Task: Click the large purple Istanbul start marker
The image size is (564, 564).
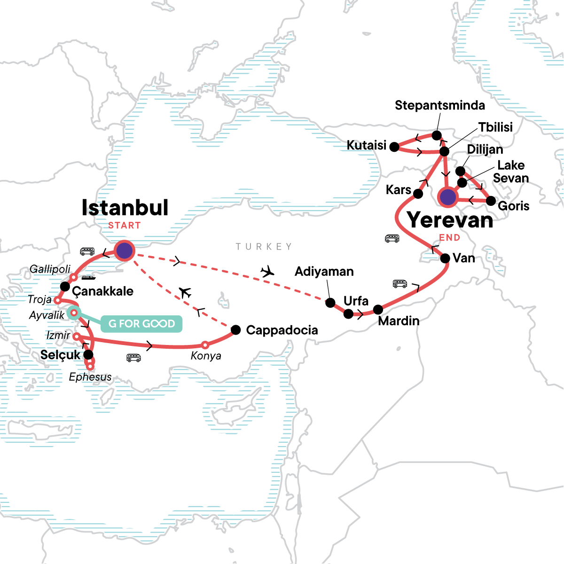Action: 125,251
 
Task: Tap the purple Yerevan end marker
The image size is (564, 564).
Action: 448,197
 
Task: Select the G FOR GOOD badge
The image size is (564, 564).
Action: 141,324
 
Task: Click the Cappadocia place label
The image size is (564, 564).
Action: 282,330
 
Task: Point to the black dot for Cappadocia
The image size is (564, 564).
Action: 236,330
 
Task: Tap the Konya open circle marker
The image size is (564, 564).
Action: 205,345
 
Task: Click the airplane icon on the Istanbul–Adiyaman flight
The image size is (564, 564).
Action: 267,271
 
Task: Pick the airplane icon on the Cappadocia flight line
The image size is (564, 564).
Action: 185,293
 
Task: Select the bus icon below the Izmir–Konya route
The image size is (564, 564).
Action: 133,358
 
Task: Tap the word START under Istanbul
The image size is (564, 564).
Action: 124,226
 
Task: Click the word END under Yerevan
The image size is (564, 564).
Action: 449,238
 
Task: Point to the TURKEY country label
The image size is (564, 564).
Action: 264,247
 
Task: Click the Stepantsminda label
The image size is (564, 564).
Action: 439,105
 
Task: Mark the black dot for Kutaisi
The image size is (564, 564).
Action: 395,147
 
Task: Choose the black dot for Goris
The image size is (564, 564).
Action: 491,201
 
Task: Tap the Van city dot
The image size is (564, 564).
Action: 445,258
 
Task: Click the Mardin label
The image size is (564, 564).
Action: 399,321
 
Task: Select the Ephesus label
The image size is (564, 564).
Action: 90,377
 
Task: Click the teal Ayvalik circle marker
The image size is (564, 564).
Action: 74,313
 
